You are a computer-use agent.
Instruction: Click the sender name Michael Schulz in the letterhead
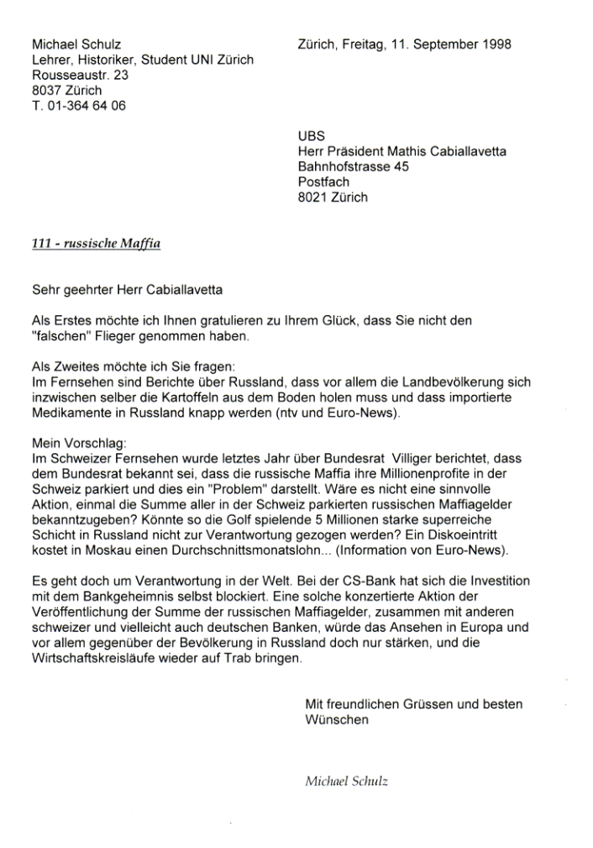pyautogui.click(x=75, y=44)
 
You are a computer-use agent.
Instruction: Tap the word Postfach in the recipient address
pyautogui.click(x=323, y=182)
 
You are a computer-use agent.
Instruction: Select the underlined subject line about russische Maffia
pyautogui.click(x=95, y=244)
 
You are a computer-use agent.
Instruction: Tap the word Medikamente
pyautogui.click(x=71, y=413)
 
